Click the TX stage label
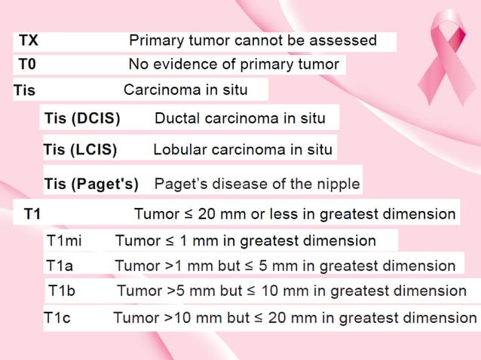pos(29,41)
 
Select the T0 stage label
pos(27,65)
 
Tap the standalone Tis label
pos(24,91)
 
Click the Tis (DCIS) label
pos(82,118)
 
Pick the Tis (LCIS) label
pos(81,149)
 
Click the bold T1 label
pos(32,214)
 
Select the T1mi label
pos(64,242)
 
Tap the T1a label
pos(60,266)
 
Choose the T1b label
pos(63,291)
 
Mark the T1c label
pos(57,318)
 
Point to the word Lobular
pos(179,149)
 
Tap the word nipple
pos(338,184)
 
